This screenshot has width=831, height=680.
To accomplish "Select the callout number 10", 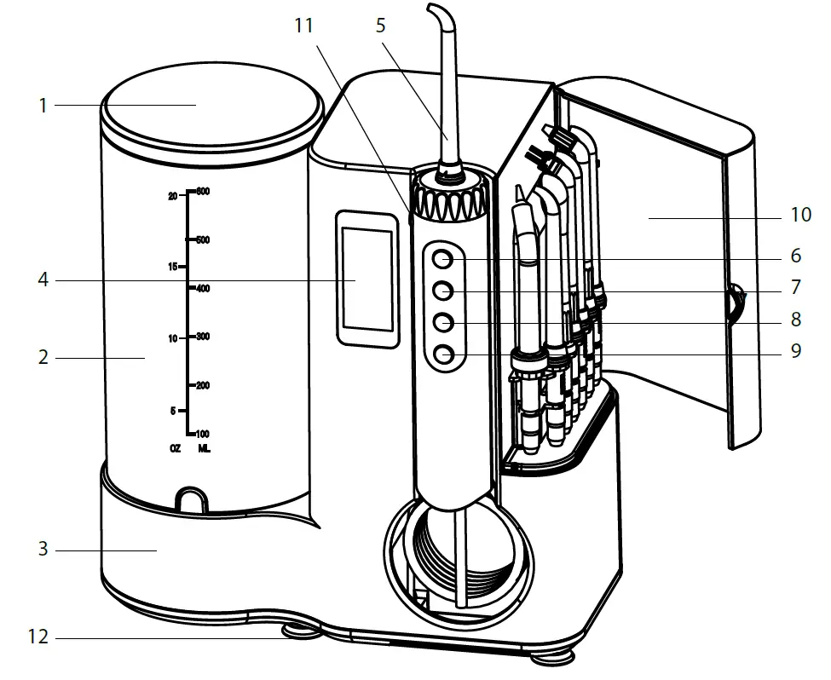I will tap(800, 215).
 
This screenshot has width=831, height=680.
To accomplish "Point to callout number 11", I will tap(304, 26).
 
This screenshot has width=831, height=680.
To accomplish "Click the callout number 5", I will tap(380, 26).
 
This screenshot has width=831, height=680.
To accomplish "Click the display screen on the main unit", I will tap(367, 279).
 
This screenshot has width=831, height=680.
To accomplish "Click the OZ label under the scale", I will tap(175, 447).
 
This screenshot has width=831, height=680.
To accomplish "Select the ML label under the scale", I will tap(204, 447).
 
